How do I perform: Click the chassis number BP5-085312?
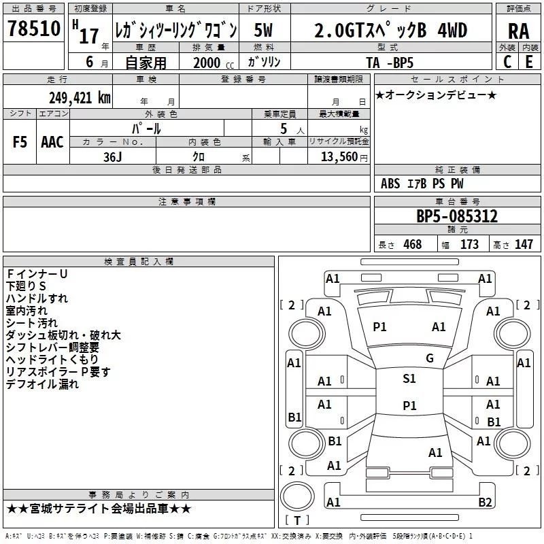pos(457,216)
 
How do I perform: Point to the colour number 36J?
pos(112,156)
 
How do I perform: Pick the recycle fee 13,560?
pos(338,156)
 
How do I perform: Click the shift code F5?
pos(20,141)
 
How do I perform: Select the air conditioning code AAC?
pos(52,141)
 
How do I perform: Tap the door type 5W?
pos(264,30)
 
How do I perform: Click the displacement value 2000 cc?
pos(207,62)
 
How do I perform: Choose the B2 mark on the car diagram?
pos(485,503)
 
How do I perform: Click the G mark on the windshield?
pos(430,358)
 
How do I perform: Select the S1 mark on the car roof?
pos(409,379)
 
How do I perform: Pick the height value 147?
pos(523,244)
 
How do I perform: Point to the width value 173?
pos(469,244)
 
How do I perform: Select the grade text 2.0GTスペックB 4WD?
pos(390,30)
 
